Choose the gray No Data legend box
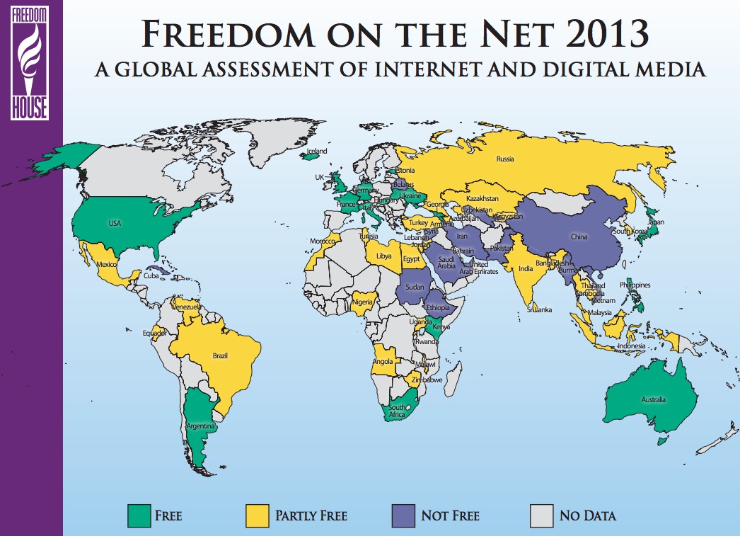[x=542, y=515]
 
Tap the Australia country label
[x=654, y=400]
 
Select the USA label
[x=115, y=223]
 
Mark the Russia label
[x=505, y=159]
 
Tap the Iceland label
[x=317, y=151]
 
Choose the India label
[x=525, y=269]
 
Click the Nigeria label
[x=361, y=304]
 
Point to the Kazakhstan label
[x=482, y=199]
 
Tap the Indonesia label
[x=632, y=346]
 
